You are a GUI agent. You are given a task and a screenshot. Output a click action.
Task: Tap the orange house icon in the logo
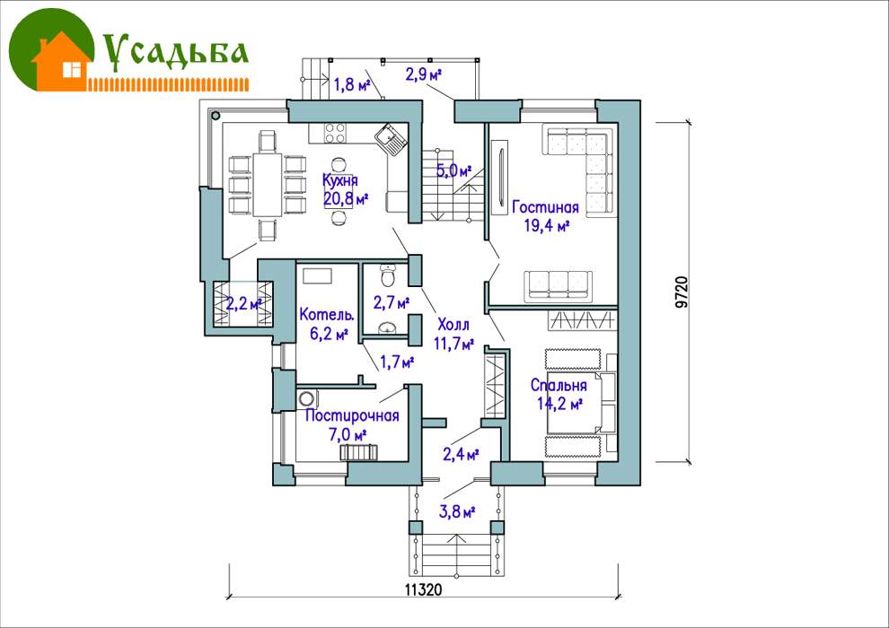tap(62, 62)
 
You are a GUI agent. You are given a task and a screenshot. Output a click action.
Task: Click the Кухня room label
tap(340, 180)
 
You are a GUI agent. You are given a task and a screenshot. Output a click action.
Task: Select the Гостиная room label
tap(545, 207)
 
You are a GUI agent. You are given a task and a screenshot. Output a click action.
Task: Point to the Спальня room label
tap(559, 386)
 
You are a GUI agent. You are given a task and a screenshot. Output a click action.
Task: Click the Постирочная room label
tap(352, 415)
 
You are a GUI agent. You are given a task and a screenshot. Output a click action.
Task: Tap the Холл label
tap(453, 325)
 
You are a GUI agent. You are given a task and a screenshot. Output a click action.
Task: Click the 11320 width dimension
tap(423, 589)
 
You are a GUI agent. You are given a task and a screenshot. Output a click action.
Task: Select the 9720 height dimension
tap(682, 292)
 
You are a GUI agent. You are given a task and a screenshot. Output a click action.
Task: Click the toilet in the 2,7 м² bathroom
tap(388, 275)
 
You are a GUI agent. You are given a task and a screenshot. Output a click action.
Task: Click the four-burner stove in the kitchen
tap(335, 133)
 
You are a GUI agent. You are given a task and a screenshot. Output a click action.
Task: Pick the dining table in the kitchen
tap(267, 184)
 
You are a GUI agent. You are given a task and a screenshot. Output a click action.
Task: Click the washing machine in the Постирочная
tap(307, 398)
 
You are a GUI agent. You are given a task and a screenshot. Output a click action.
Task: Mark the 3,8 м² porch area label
tap(457, 512)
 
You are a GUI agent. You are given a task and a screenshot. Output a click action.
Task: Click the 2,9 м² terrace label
tap(424, 74)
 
